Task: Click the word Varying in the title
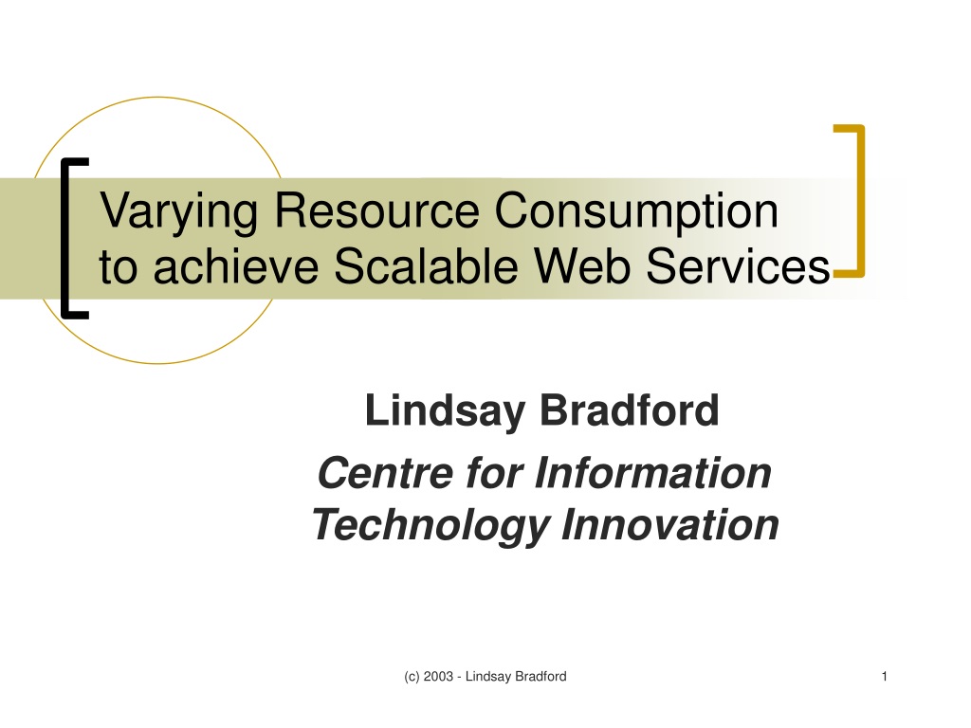(x=178, y=212)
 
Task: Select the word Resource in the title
(x=376, y=210)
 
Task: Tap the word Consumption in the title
(x=636, y=212)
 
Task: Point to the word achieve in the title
(x=235, y=266)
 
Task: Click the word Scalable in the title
(x=426, y=266)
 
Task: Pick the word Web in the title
(x=581, y=266)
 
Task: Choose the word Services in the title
(x=738, y=266)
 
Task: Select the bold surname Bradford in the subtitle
(x=630, y=409)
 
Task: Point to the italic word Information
(x=652, y=473)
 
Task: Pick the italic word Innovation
(x=670, y=525)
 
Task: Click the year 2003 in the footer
(x=438, y=677)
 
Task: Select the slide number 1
(x=885, y=677)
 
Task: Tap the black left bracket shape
(x=65, y=238)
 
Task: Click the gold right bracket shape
(x=859, y=201)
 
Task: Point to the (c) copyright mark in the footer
(x=412, y=677)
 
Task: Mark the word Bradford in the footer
(x=540, y=677)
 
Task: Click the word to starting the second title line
(x=118, y=267)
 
